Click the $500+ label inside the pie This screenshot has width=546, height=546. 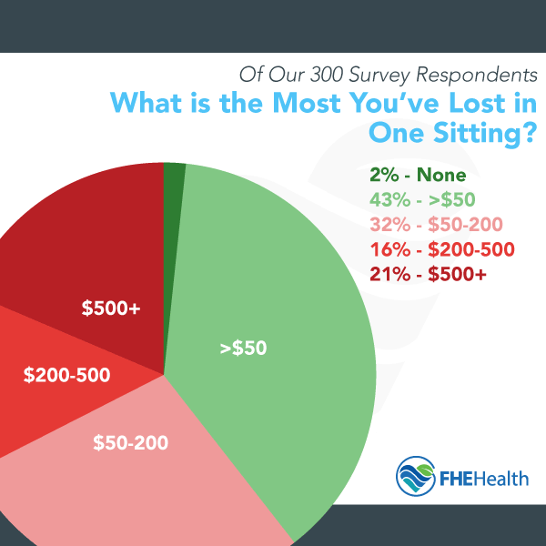point(111,309)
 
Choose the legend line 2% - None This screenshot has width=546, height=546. point(419,176)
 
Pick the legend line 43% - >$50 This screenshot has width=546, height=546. point(427,198)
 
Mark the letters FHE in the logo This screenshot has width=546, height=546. point(457,477)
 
